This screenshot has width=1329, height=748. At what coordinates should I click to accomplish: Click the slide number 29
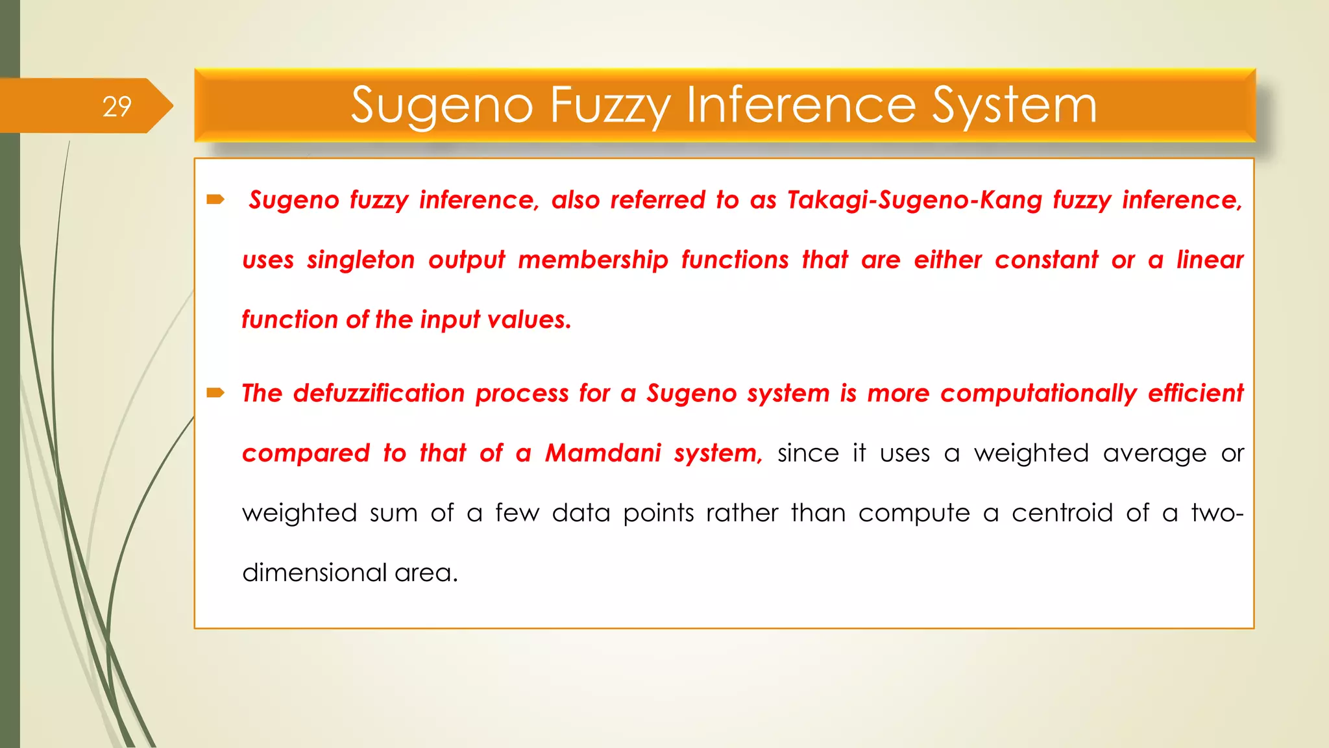point(117,106)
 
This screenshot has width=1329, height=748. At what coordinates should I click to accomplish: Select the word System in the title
point(1014,105)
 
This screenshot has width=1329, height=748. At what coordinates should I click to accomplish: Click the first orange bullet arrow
point(215,199)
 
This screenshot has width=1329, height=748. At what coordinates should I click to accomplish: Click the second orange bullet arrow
point(215,392)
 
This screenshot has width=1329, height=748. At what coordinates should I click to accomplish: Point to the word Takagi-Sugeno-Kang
point(914,200)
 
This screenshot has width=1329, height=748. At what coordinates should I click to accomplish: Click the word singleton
point(361,260)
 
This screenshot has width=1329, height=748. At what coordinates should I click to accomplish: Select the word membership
point(592,260)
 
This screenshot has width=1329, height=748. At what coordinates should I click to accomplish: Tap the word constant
point(1046,260)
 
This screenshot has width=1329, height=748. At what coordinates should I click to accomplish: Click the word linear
point(1210,260)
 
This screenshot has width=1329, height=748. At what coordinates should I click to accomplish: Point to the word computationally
point(1038,393)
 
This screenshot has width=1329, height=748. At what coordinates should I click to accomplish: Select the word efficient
point(1195,393)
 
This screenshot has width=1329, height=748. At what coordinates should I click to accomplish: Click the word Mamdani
point(603,453)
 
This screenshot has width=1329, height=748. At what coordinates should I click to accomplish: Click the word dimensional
point(314,573)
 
